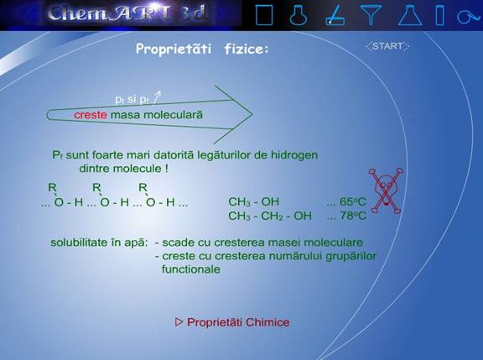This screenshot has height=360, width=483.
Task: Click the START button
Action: click(387, 46)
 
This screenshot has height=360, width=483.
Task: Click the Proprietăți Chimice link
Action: click(232, 322)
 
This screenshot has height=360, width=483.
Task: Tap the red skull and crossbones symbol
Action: click(386, 190)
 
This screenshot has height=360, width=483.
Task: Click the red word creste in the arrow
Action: click(91, 115)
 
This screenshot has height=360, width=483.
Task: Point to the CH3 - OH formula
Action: click(253, 202)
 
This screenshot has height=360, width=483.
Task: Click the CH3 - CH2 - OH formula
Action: click(270, 216)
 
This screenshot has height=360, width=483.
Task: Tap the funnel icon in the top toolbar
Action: click(371, 14)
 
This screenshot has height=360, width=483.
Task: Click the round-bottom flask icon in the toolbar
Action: click(299, 15)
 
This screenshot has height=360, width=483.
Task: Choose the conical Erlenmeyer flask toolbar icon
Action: click(410, 15)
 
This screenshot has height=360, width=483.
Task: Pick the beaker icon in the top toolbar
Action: click(264, 15)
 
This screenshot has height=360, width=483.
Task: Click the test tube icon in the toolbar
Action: click(440, 15)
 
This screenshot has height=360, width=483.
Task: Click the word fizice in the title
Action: click(247, 49)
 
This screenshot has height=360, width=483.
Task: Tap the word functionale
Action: click(191, 269)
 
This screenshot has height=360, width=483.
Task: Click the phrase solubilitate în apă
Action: click(99, 243)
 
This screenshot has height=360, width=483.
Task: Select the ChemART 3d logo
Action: click(127, 13)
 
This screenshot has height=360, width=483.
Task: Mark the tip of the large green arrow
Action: click(252, 114)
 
